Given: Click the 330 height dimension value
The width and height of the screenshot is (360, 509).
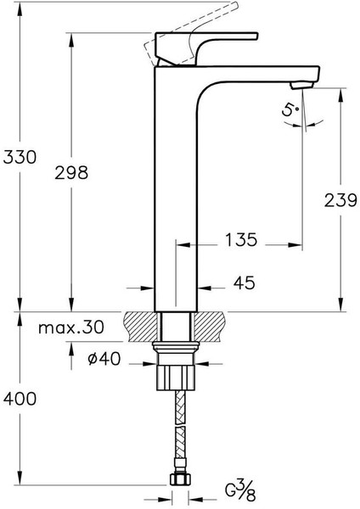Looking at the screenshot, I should coord(20,157).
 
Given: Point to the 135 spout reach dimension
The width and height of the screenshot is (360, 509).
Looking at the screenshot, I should coord(241,240).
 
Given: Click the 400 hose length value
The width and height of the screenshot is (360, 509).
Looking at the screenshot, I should coord(20,399).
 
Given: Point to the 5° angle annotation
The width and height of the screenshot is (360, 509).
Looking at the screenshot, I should coord(291,109).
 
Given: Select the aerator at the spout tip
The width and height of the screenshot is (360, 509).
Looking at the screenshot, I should coord(302,84).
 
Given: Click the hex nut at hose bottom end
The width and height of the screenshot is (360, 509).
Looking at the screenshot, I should coord(179,481).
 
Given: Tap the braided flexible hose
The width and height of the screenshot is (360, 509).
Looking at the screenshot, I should coord(179,428).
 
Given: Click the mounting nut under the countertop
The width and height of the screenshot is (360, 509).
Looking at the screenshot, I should coord(178,373).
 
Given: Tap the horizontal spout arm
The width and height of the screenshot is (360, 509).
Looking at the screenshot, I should coord(255,71).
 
